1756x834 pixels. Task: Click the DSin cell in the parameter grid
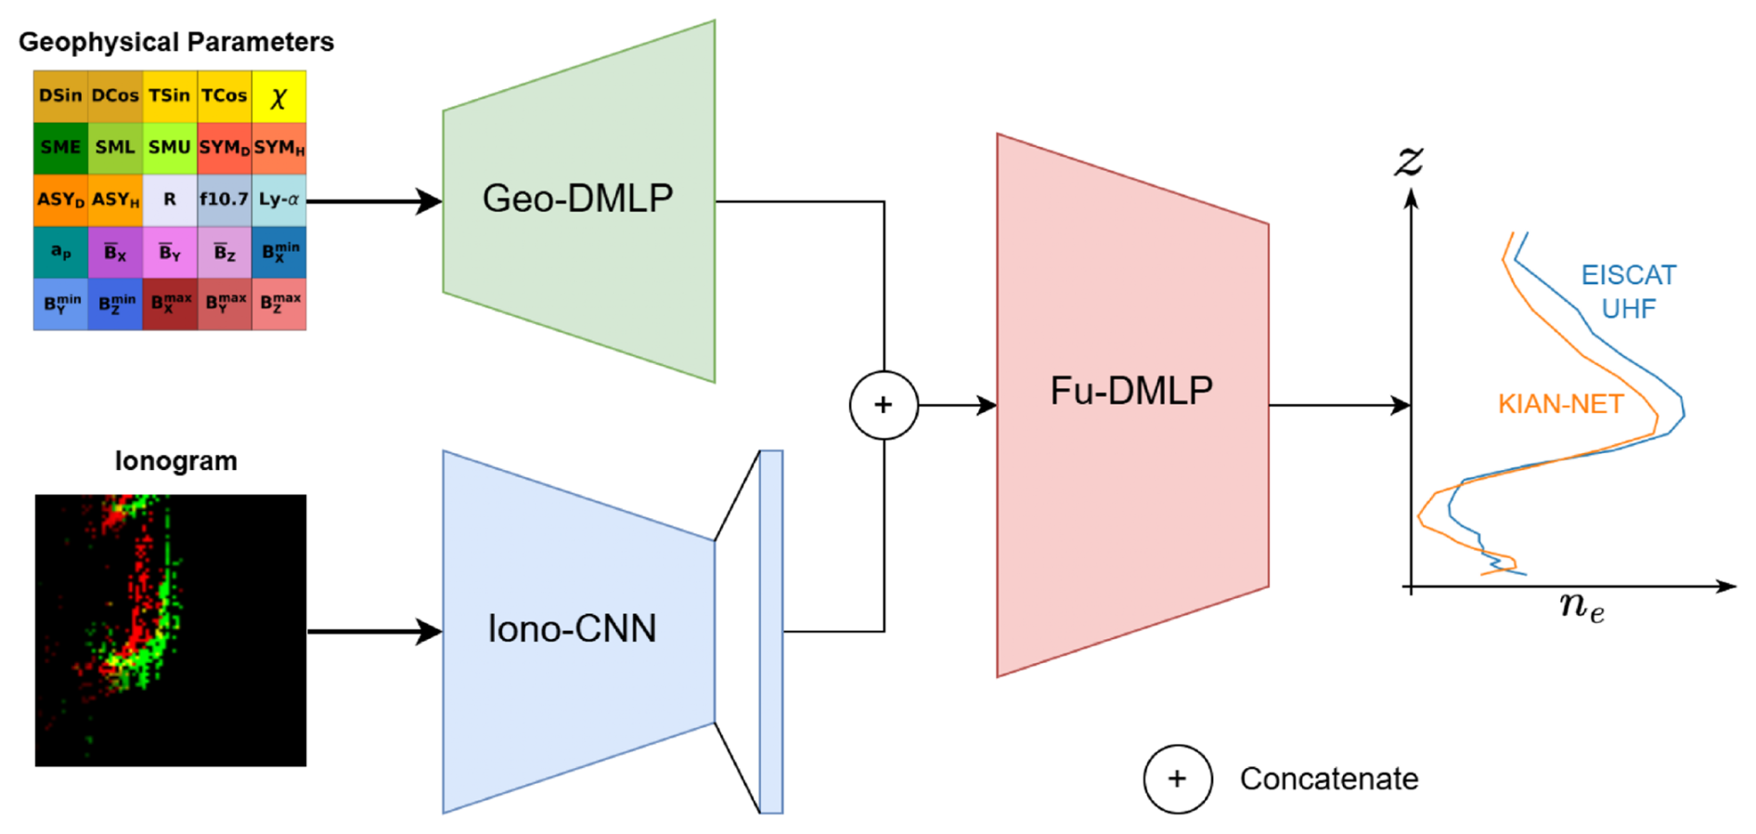pyautogui.click(x=60, y=96)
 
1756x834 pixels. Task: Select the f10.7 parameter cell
pyautogui.click(x=224, y=200)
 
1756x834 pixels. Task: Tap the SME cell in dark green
pyautogui.click(x=60, y=148)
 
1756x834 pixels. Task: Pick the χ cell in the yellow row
pyautogui.click(x=278, y=97)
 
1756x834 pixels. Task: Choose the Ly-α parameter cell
pyautogui.click(x=278, y=200)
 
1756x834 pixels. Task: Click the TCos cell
pyautogui.click(x=224, y=96)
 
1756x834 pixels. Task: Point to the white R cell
pyautogui.click(x=170, y=200)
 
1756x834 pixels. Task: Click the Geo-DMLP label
pyautogui.click(x=577, y=198)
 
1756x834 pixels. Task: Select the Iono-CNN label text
pyautogui.click(x=572, y=629)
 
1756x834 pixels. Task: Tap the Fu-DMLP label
pyautogui.click(x=1131, y=390)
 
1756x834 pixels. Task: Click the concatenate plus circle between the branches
pyautogui.click(x=884, y=405)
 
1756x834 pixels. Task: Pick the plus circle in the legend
pyautogui.click(x=1177, y=778)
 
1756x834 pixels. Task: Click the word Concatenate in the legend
pyautogui.click(x=1328, y=778)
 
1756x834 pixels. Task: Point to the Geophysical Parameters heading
pyautogui.click(x=175, y=42)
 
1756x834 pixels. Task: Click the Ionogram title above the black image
pyautogui.click(x=175, y=461)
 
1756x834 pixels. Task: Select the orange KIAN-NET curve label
pyautogui.click(x=1560, y=404)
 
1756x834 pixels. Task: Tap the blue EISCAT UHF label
pyautogui.click(x=1628, y=292)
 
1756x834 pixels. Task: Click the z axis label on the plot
pyautogui.click(x=1409, y=161)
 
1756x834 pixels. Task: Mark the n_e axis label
pyautogui.click(x=1582, y=606)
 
